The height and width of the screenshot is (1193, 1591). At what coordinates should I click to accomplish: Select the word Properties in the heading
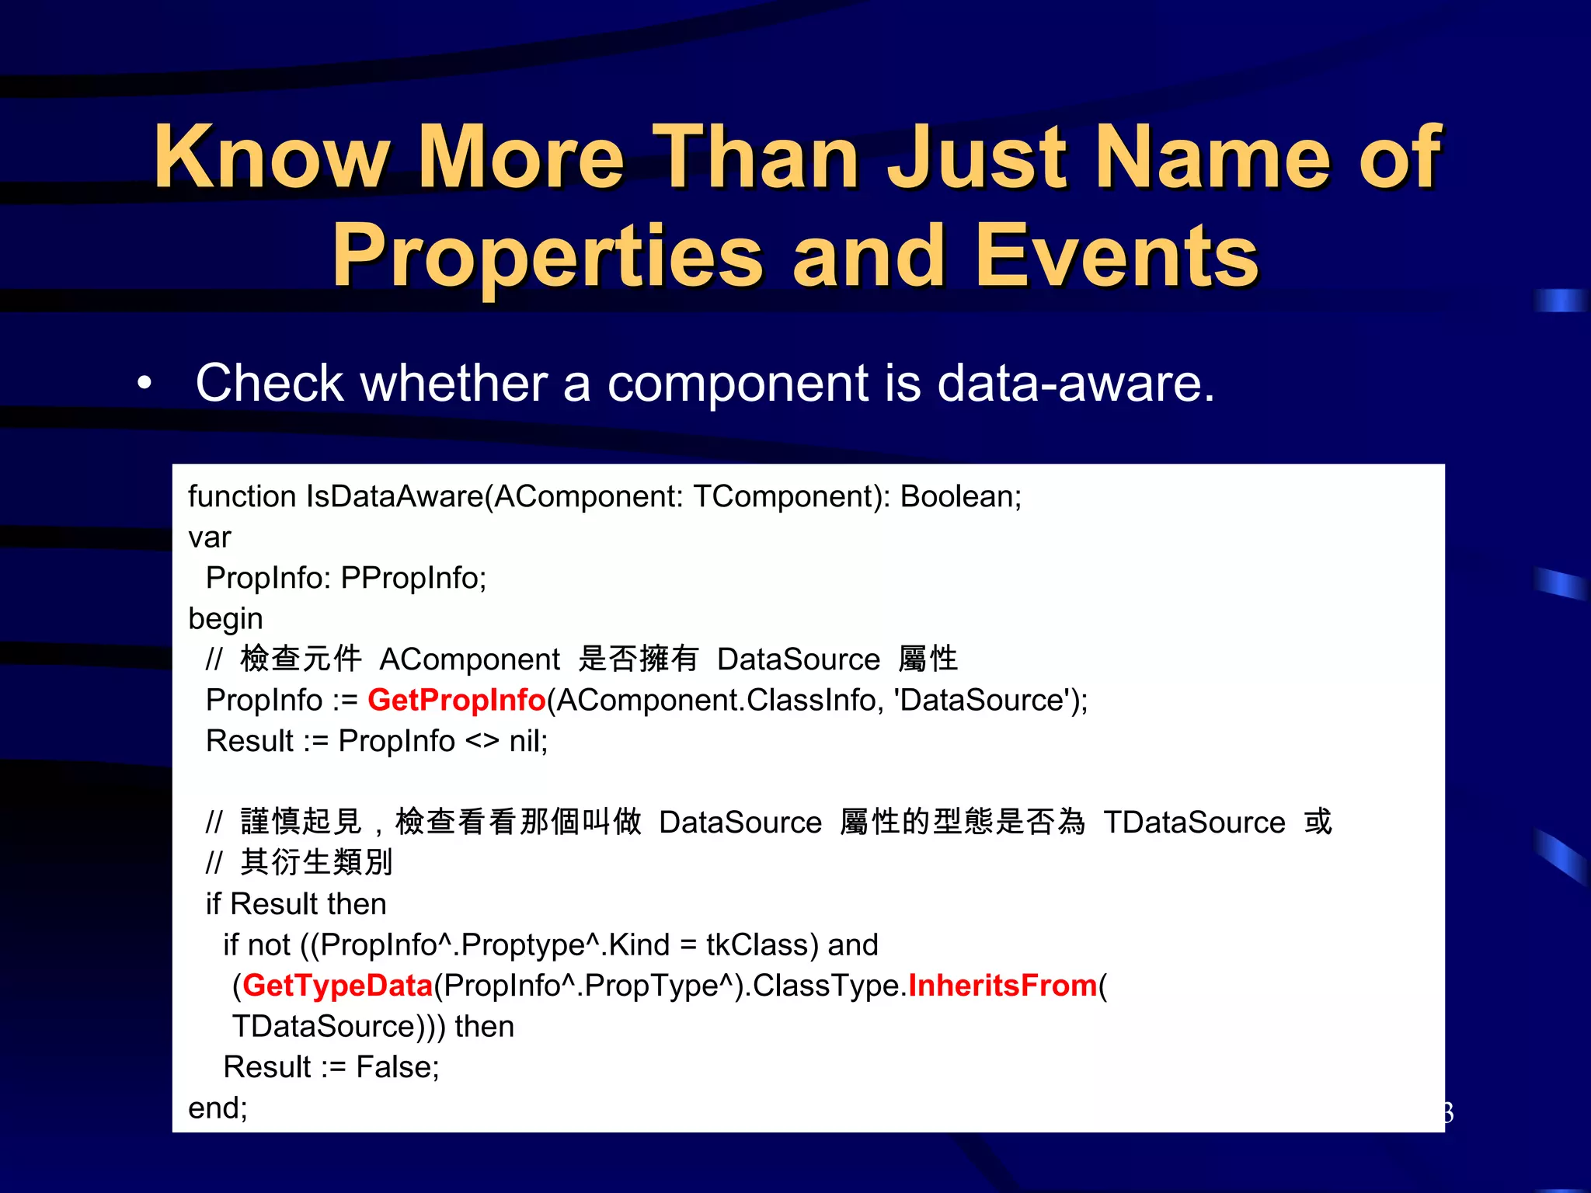548,256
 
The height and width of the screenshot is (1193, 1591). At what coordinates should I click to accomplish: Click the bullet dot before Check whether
144,383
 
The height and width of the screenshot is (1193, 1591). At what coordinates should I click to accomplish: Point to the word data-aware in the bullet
1075,383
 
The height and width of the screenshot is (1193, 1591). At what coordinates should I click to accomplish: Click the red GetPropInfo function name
456,700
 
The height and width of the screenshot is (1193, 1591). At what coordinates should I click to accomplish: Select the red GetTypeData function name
337,986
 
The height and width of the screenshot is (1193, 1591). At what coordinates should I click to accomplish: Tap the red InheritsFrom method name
1002,986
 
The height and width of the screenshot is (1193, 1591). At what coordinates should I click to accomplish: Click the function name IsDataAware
395,496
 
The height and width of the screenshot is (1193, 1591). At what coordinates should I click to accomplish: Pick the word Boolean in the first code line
959,496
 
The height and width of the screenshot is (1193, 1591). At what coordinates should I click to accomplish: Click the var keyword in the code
210,537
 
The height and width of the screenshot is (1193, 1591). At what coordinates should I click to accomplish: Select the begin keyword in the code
225,619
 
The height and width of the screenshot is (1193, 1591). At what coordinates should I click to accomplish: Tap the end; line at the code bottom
218,1108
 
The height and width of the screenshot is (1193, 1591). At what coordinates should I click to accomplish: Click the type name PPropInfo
413,578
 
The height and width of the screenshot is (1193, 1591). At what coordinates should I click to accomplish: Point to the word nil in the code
527,741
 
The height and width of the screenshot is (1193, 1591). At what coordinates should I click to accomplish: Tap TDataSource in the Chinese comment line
1194,823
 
